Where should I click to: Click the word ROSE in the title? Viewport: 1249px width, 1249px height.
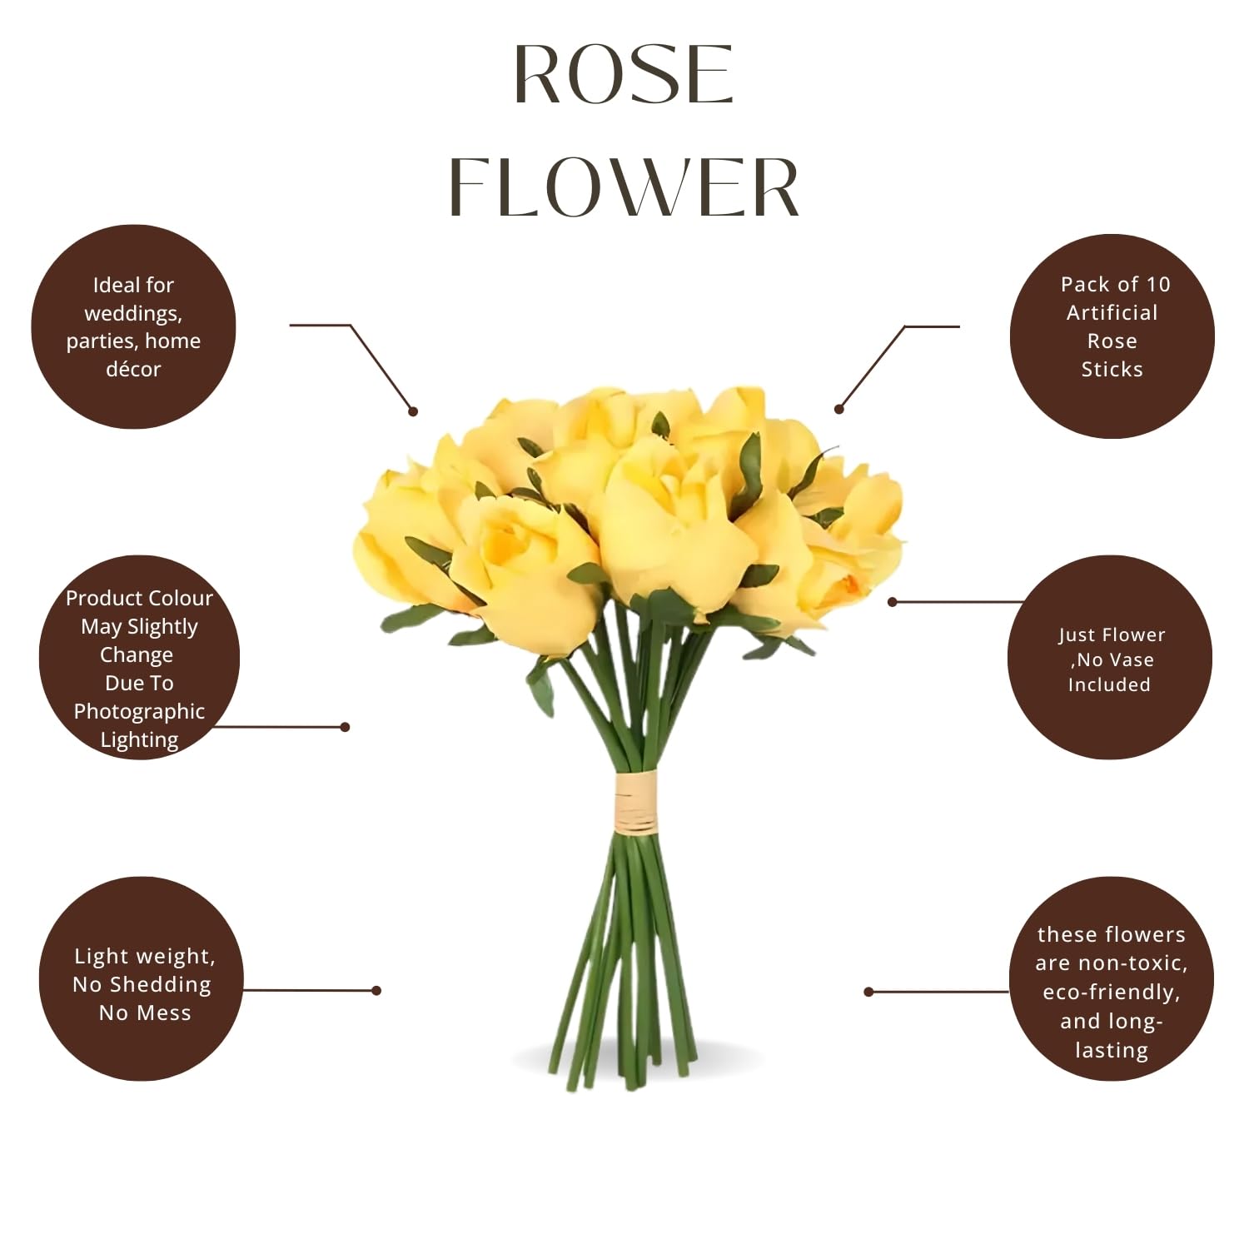click(624, 75)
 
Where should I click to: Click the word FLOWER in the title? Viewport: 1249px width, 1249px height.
click(624, 187)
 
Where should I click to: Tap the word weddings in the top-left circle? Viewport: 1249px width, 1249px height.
click(133, 314)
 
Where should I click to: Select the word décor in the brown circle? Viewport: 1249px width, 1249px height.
click(133, 369)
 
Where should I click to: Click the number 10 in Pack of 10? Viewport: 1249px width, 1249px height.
click(1158, 285)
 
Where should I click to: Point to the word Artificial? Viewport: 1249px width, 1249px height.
click(1112, 313)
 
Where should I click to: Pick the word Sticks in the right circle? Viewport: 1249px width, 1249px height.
click(1112, 370)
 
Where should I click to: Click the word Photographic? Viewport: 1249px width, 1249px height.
click(139, 712)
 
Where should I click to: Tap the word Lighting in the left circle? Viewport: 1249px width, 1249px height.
click(139, 740)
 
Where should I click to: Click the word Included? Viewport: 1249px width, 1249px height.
click(1109, 684)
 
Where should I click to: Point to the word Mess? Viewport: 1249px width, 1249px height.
click(169, 1013)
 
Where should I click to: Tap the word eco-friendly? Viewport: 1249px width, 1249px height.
click(1112, 993)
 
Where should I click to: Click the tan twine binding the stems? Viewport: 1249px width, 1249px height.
click(635, 803)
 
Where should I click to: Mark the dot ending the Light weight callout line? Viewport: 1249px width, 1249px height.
click(376, 990)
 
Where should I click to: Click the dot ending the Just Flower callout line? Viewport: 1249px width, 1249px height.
click(892, 601)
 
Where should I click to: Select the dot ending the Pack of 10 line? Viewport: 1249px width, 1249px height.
click(838, 409)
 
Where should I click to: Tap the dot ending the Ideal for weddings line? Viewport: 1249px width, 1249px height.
click(413, 411)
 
